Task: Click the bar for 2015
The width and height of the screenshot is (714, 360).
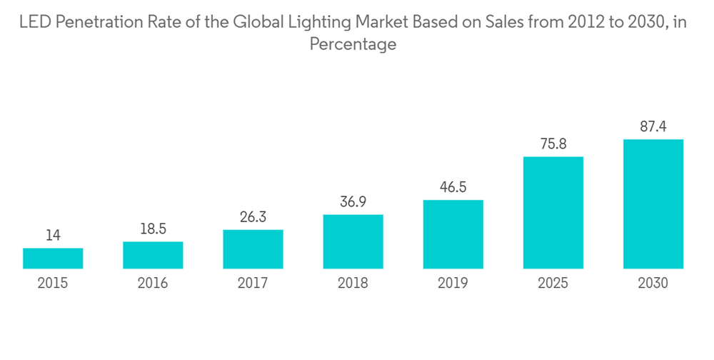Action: click(x=53, y=259)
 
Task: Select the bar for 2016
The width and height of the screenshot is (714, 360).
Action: click(x=153, y=255)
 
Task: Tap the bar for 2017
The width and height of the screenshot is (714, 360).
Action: click(x=253, y=249)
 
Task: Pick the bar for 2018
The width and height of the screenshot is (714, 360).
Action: click(x=353, y=241)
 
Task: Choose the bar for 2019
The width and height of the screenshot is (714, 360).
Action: click(x=453, y=234)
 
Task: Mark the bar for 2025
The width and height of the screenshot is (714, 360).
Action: click(x=553, y=213)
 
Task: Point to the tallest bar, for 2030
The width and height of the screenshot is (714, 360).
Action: click(x=653, y=204)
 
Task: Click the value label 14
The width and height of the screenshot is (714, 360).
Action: click(x=53, y=235)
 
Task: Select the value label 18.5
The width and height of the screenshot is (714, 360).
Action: click(x=153, y=229)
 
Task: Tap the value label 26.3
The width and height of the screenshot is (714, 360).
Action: click(x=253, y=216)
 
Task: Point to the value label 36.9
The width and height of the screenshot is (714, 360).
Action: click(x=353, y=201)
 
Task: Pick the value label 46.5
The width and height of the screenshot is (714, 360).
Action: click(x=453, y=187)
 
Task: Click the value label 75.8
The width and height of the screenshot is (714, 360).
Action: click(x=553, y=144)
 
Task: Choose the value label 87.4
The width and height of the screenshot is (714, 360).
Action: click(x=653, y=126)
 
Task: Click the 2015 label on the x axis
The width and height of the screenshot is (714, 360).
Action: click(x=53, y=284)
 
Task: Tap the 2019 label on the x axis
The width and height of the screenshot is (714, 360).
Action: click(x=453, y=284)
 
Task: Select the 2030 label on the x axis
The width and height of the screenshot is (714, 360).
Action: click(x=653, y=284)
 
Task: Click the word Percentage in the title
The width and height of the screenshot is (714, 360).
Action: click(x=353, y=44)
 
